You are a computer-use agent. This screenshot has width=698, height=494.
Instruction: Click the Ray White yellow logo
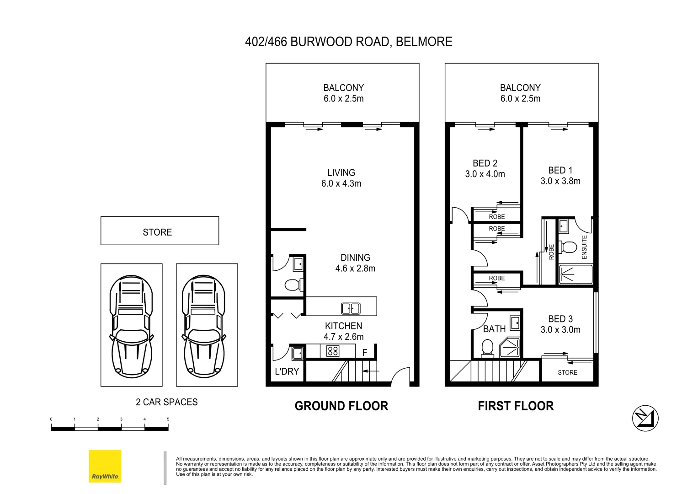click(x=105, y=466)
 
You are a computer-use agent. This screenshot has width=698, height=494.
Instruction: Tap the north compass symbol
click(x=645, y=418)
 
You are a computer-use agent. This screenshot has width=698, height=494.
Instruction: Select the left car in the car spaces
click(x=131, y=326)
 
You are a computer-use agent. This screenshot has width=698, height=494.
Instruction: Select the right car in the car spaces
click(x=204, y=326)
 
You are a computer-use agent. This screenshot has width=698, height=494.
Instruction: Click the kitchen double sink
click(x=351, y=308)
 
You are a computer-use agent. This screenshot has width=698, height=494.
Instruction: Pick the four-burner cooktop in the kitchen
click(x=332, y=351)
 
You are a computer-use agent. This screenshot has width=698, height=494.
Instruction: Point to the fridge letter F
click(x=365, y=353)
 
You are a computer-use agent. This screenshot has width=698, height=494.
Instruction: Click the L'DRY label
click(x=287, y=371)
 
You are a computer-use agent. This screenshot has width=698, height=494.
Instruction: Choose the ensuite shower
click(x=575, y=274)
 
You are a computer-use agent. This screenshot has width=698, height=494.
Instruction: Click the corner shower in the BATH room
click(x=510, y=347)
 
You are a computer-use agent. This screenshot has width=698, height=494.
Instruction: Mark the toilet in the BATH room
click(x=487, y=348)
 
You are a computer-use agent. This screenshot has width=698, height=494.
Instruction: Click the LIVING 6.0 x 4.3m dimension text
click(x=341, y=183)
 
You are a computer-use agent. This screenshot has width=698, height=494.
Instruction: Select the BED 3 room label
click(x=560, y=319)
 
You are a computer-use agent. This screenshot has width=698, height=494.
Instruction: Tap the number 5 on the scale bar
click(x=168, y=419)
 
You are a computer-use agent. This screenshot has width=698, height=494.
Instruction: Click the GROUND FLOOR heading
click(x=341, y=406)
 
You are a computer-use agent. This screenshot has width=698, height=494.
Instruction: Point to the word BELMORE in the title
click(x=424, y=42)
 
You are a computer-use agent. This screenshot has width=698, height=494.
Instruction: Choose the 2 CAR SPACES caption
click(x=167, y=402)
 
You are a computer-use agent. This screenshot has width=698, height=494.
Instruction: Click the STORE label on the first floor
click(x=567, y=372)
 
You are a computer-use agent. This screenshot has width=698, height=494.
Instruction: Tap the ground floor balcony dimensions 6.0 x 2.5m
click(x=343, y=98)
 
